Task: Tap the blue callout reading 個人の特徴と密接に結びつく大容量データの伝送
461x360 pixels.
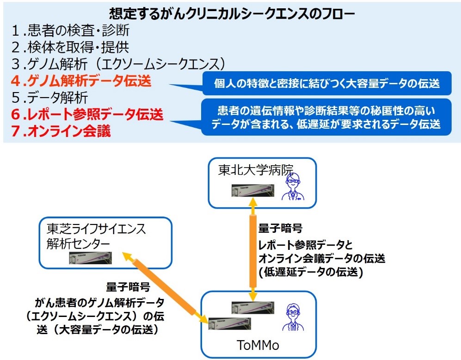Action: pyautogui.click(x=326, y=84)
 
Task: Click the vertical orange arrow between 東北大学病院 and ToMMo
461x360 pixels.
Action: pyautogui.click(x=252, y=250)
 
